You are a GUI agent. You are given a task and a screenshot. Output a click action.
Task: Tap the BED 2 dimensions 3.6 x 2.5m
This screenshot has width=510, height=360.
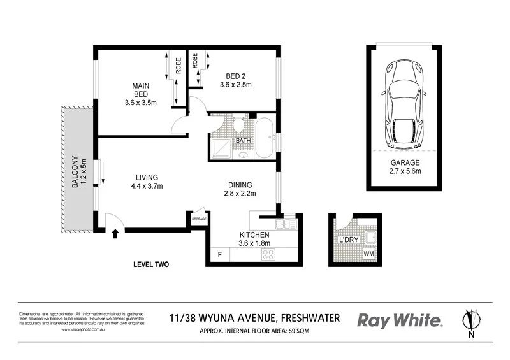pyautogui.click(x=237, y=85)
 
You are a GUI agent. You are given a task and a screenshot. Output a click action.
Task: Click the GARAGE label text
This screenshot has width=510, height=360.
pyautogui.click(x=405, y=162)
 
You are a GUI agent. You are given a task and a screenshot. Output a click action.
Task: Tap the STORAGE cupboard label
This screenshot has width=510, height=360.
pyautogui.click(x=199, y=220)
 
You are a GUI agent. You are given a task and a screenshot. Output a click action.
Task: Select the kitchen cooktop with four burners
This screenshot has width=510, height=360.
pyautogui.click(x=268, y=254)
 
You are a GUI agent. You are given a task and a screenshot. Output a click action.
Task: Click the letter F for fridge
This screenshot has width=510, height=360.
pyautogui.click(x=220, y=255)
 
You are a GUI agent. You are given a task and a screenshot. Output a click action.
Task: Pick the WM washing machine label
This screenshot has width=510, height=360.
pyautogui.click(x=368, y=254)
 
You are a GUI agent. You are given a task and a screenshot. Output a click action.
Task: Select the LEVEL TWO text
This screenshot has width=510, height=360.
pyautogui.click(x=150, y=264)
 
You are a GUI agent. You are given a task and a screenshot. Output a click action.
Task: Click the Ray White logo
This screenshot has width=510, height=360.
pyautogui.click(x=400, y=320)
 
